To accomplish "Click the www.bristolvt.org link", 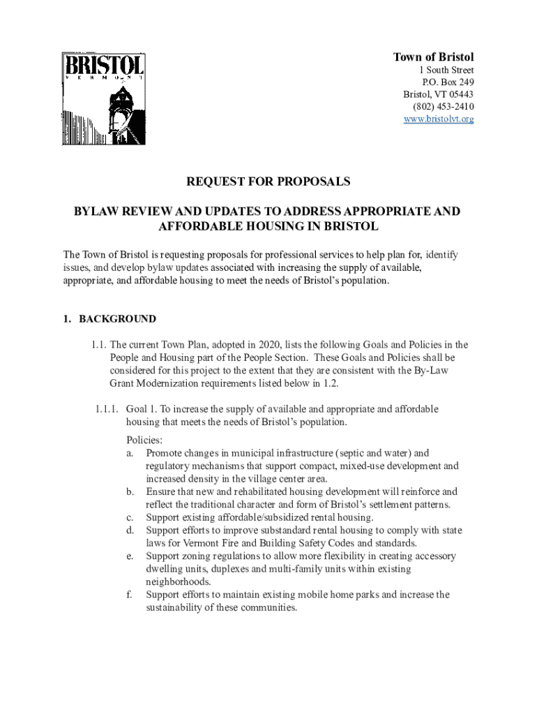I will (x=439, y=119).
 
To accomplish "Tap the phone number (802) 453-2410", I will (x=443, y=107).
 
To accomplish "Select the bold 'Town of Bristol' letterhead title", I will (x=433, y=57).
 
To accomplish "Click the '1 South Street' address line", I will (x=446, y=71).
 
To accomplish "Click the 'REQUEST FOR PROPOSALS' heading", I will (x=268, y=182).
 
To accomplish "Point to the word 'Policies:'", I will (x=144, y=440).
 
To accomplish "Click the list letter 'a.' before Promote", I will (x=130, y=453).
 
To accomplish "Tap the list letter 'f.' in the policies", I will (x=130, y=595).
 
